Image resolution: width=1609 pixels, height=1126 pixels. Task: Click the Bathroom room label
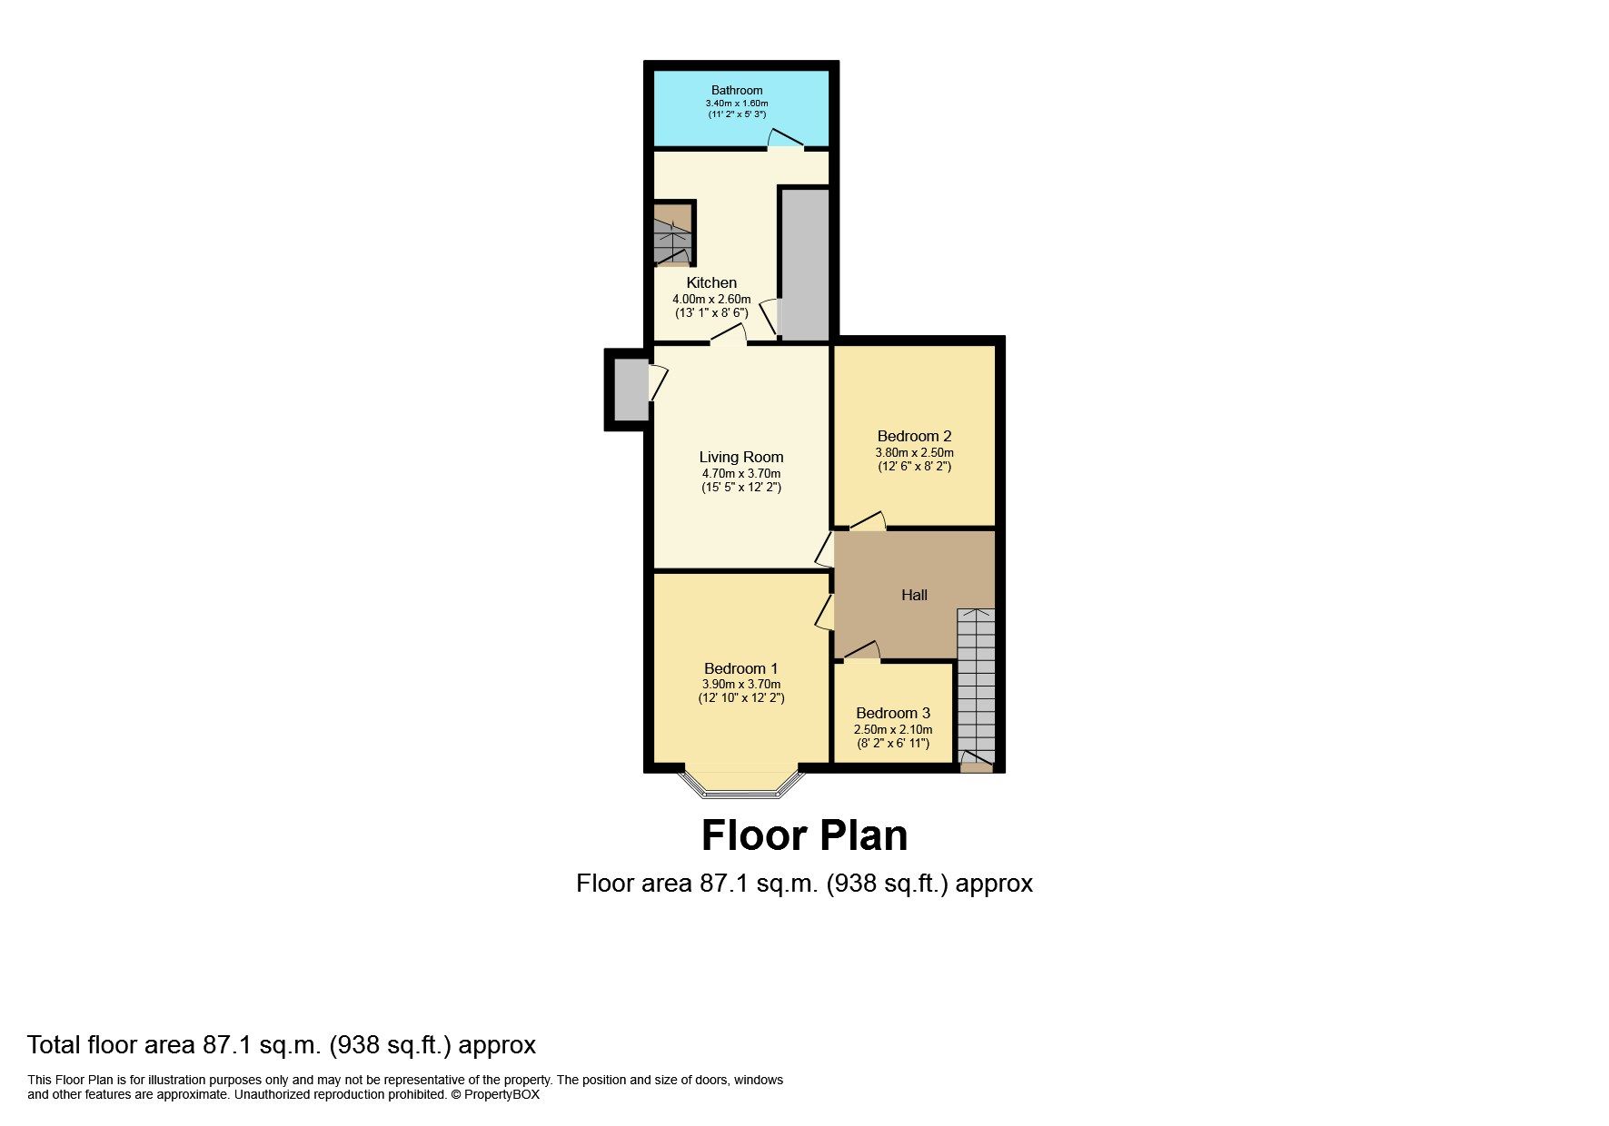(x=736, y=90)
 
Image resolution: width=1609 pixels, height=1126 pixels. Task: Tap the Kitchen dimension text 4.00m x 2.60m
(x=710, y=299)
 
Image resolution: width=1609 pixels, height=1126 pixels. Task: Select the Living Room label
(x=740, y=457)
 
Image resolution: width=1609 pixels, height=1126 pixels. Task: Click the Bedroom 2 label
(x=914, y=436)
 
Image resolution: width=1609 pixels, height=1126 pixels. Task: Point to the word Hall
(x=914, y=595)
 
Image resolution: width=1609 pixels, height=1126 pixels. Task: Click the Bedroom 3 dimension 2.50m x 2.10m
(x=892, y=729)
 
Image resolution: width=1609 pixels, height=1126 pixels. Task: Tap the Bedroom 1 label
(x=740, y=668)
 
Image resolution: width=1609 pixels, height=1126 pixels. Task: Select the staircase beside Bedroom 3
(x=976, y=681)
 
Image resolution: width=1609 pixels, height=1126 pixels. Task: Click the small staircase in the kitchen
(x=672, y=234)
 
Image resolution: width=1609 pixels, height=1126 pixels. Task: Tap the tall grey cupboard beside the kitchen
(x=805, y=263)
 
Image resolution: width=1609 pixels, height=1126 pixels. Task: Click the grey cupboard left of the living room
(x=630, y=390)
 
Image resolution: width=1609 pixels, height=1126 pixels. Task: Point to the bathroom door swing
(x=785, y=140)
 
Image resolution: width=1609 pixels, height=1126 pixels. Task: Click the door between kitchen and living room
(x=728, y=338)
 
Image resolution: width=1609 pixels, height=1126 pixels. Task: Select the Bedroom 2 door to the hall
(x=868, y=522)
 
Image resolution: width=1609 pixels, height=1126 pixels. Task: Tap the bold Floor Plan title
(x=804, y=835)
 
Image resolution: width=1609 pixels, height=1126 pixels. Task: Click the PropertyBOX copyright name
(x=502, y=1095)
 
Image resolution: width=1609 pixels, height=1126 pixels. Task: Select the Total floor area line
(x=282, y=1044)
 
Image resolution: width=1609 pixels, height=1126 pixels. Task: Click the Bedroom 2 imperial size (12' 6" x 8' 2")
(x=914, y=467)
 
